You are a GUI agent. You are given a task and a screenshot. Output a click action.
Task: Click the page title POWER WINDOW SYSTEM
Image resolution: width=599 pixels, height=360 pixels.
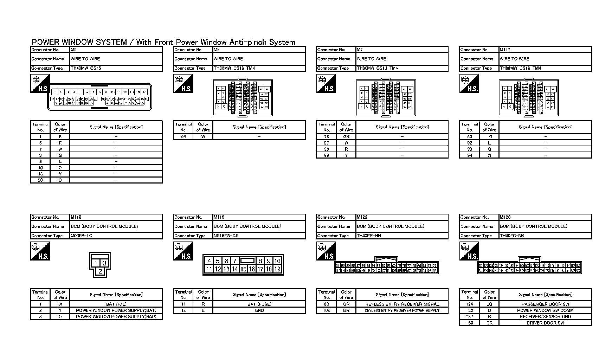79,42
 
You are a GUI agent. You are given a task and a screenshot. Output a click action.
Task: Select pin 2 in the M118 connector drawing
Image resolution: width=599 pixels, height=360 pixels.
100,271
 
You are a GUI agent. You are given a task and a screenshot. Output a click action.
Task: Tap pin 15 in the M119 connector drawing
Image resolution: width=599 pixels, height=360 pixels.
243,269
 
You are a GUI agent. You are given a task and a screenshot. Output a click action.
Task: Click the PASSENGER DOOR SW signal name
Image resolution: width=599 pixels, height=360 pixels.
545,304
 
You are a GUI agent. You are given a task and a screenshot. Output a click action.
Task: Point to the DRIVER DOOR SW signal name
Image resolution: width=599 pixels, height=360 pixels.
545,323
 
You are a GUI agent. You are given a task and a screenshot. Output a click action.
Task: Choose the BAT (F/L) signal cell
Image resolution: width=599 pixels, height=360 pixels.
116,304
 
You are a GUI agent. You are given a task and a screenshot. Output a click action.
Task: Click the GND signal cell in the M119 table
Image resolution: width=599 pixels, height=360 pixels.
259,310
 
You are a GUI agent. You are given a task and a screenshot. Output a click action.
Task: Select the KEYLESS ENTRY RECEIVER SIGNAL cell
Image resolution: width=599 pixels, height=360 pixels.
402,304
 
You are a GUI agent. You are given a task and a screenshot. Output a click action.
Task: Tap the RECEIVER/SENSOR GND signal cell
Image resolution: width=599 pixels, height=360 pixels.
545,316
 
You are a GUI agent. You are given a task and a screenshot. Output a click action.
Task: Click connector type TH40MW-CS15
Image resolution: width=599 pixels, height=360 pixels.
86,68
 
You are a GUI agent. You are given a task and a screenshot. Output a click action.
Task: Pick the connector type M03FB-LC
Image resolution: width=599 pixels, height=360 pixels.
82,236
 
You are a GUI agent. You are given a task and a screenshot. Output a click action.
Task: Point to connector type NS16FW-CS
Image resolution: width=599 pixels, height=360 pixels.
226,236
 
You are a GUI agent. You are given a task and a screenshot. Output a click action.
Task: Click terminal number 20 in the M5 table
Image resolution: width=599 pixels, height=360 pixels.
40,180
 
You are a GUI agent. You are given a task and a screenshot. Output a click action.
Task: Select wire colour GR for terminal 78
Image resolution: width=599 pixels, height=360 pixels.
346,136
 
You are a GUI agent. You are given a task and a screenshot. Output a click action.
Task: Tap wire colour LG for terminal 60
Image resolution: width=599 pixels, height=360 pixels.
489,136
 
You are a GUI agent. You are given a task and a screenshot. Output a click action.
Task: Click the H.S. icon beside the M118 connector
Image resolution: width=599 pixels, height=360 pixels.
40,252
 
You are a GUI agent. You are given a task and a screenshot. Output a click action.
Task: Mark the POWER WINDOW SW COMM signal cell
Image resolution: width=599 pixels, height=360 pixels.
545,310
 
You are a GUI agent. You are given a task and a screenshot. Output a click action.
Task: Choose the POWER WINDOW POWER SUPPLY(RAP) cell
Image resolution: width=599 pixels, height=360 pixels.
116,316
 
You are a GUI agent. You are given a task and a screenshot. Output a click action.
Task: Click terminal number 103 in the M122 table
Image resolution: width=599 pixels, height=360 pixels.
326,310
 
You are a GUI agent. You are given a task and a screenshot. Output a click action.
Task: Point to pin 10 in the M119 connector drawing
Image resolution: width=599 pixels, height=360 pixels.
277,261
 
